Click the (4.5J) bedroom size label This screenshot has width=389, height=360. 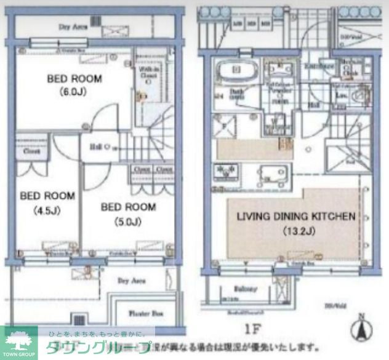click(x=46, y=211)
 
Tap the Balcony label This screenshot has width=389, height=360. click(x=245, y=287)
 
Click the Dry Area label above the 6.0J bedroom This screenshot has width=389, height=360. click(x=72, y=26)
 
